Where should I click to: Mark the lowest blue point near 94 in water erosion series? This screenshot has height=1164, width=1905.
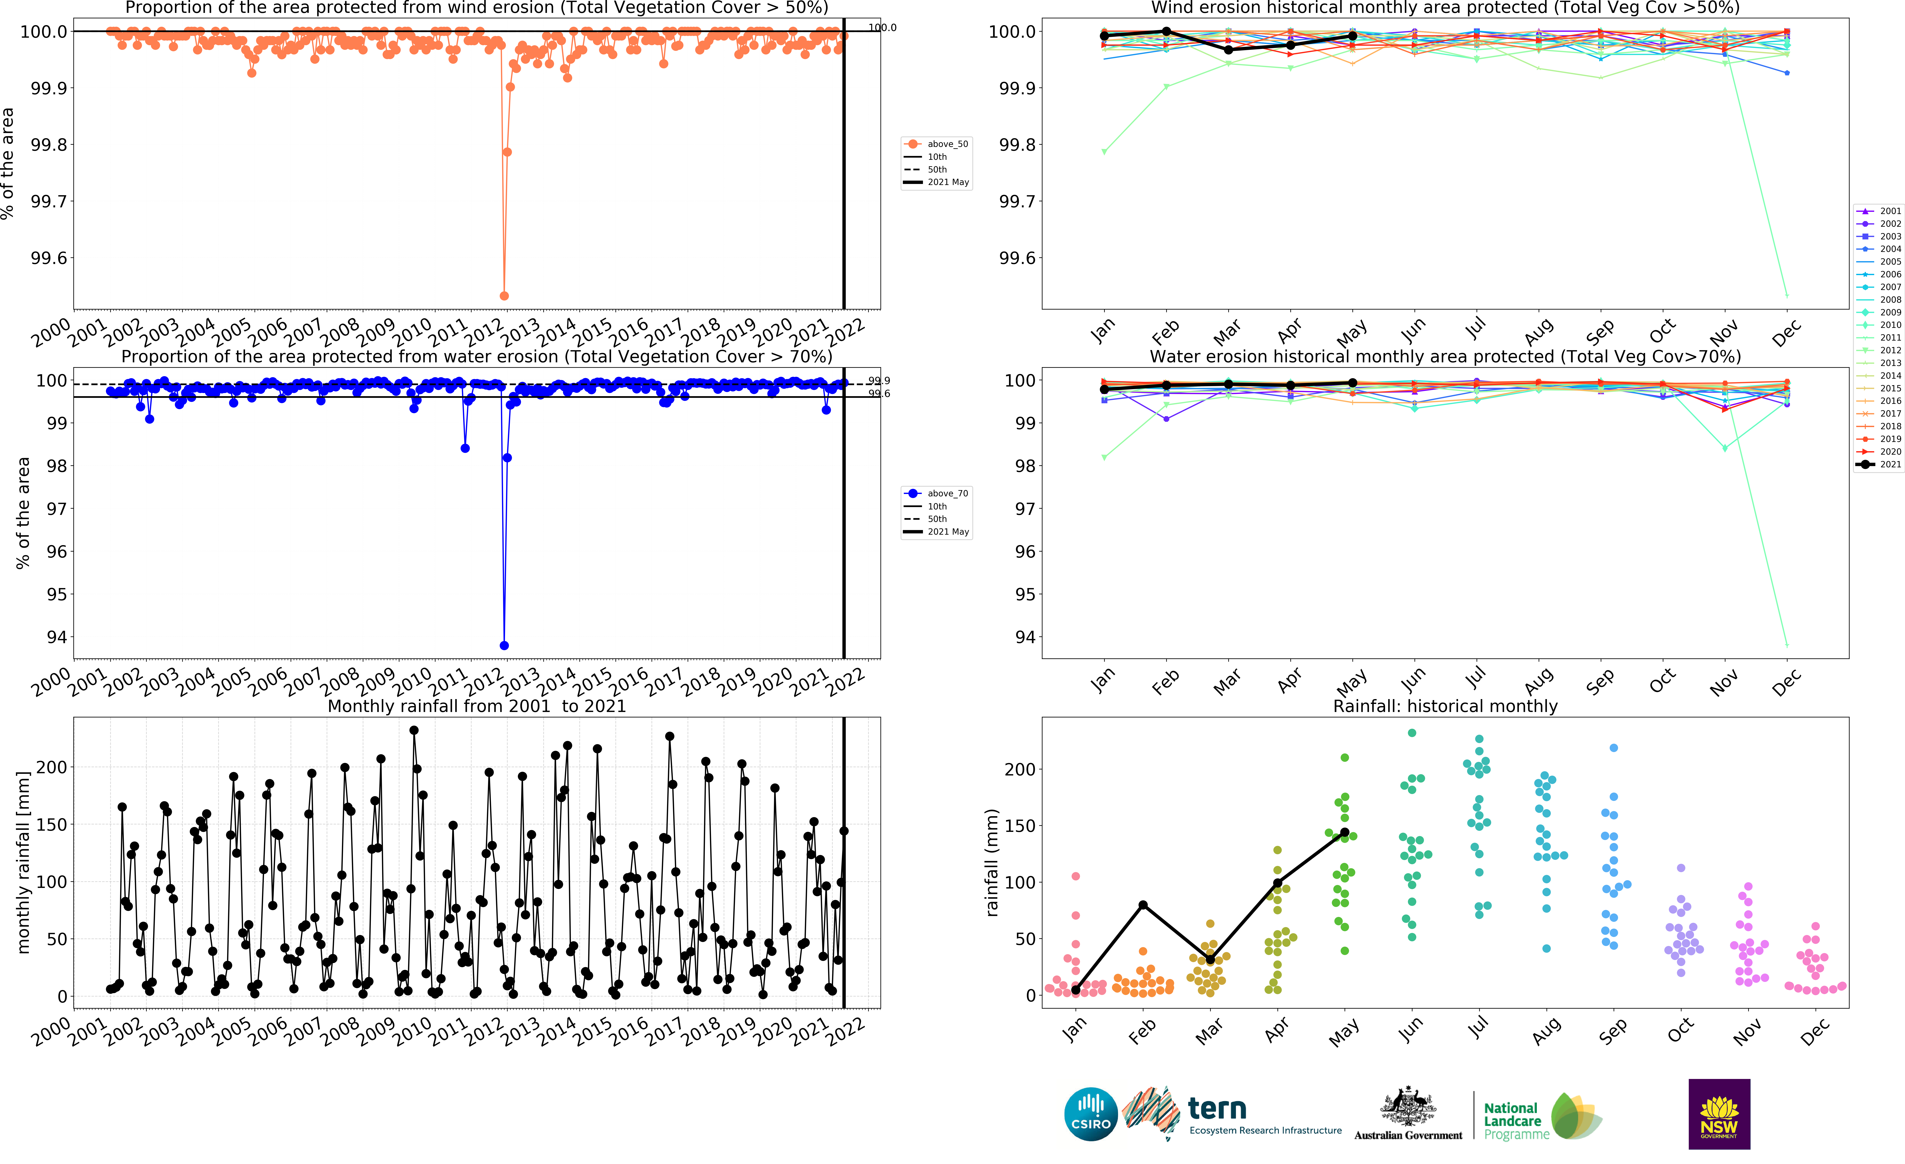(504, 645)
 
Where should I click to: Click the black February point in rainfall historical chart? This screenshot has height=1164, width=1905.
(1143, 905)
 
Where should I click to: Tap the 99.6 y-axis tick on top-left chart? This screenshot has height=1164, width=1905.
(49, 258)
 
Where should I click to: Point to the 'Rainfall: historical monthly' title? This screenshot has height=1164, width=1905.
(1445, 706)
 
